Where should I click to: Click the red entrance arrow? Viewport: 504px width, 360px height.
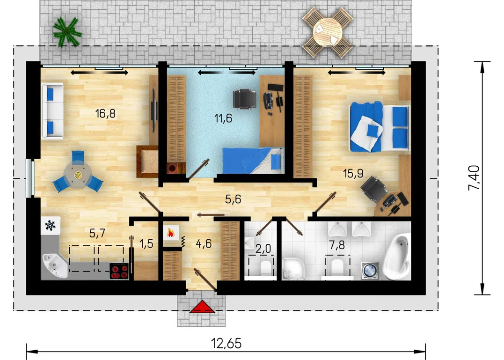tap(202, 307)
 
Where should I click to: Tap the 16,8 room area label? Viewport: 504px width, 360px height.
tap(105, 113)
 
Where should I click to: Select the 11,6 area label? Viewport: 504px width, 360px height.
tap(223, 118)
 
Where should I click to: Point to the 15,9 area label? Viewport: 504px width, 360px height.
tap(353, 174)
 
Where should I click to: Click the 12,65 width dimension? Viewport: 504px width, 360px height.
tap(226, 343)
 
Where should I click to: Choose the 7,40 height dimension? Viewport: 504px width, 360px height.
tap(474, 178)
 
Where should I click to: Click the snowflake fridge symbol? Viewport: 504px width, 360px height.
tap(51, 225)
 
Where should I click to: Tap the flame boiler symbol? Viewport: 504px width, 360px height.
tap(171, 233)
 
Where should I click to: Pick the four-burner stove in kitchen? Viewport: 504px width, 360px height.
tap(119, 271)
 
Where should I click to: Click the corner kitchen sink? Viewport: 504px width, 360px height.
tap(53, 265)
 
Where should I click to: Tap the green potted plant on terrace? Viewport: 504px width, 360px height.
tap(67, 32)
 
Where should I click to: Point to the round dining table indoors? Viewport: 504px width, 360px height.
tap(78, 175)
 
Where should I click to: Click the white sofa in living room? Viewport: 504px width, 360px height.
tap(52, 111)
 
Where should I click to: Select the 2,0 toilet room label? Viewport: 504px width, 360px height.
tap(263, 248)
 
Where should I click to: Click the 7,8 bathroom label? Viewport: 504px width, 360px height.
tap(336, 245)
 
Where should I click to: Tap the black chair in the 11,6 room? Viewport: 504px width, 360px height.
tap(245, 99)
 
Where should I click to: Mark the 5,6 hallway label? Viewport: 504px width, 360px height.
tap(233, 199)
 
